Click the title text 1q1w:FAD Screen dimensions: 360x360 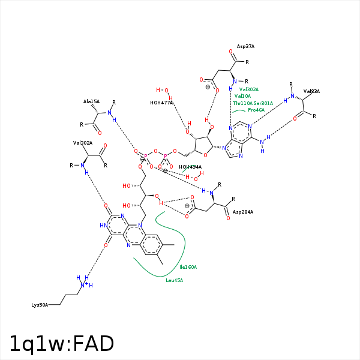(61, 343)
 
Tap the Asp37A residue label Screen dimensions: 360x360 (245, 46)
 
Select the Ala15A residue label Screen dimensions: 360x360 (91, 102)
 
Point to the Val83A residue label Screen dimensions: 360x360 (311, 91)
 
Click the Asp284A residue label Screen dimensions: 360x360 (243, 212)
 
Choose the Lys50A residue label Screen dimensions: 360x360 (40, 305)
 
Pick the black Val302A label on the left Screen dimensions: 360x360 (83, 143)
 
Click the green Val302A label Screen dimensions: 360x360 (249, 89)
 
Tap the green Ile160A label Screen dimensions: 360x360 (188, 267)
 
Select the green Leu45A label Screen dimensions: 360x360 (174, 280)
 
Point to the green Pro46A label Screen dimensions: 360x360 (256, 110)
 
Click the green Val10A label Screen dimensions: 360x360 (243, 96)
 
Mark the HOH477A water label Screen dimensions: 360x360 (161, 103)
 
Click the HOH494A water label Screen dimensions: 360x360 (190, 167)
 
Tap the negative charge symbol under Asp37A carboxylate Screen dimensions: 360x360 (208, 87)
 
